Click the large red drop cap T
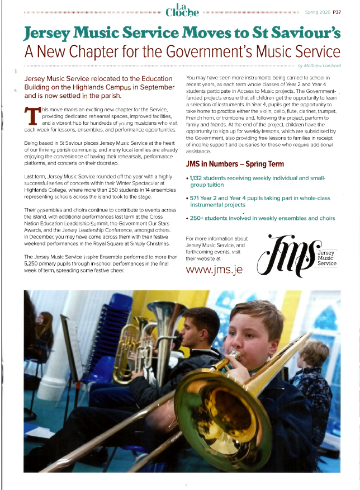33,116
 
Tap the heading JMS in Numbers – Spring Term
234,164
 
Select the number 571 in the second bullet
197,198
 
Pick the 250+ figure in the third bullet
198,218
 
